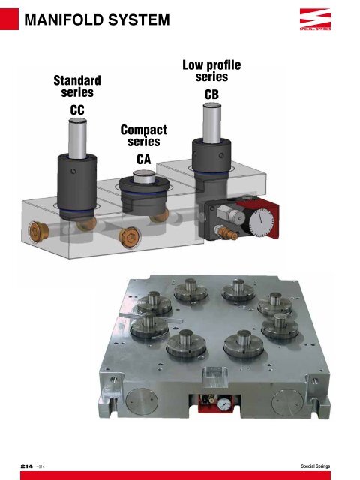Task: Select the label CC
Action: [73, 110]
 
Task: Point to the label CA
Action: [145, 159]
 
